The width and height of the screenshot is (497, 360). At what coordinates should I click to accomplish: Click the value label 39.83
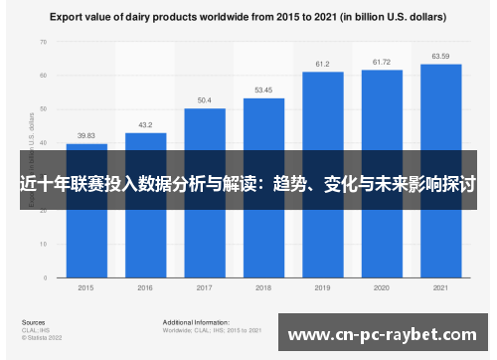86,136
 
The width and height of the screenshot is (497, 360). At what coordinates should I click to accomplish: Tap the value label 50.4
205,100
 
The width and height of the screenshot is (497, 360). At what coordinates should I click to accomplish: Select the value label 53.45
263,90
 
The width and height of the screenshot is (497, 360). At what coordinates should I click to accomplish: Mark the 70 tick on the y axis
42,43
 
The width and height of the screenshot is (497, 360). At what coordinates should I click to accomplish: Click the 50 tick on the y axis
42,109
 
